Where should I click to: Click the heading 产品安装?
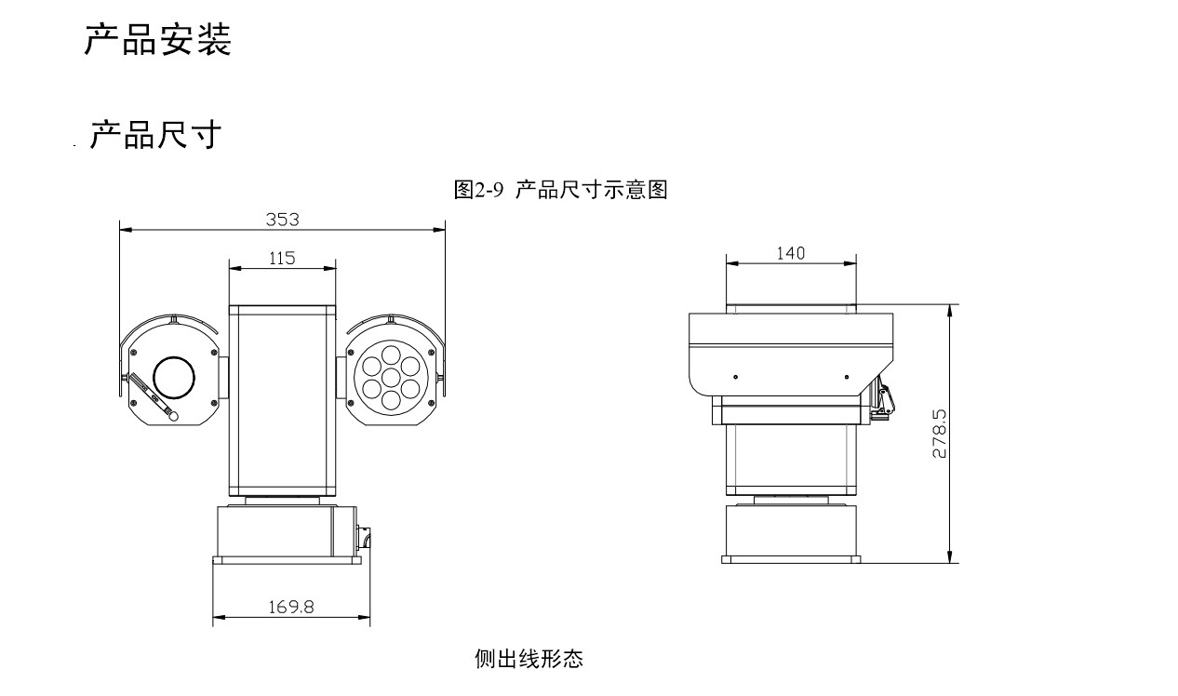click(x=157, y=40)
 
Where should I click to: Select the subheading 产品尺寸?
click(x=155, y=135)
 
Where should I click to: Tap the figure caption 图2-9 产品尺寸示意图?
click(x=560, y=190)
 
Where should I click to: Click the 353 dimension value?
click(x=282, y=219)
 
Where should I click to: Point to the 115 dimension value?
click(x=282, y=258)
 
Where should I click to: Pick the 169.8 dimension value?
click(x=291, y=607)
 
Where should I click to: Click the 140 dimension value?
click(x=790, y=252)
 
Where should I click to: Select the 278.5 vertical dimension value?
click(x=939, y=433)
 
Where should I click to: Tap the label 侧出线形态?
click(x=529, y=660)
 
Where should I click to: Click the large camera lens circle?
click(x=174, y=376)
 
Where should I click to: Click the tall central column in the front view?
click(x=282, y=400)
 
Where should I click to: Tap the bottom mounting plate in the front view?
click(x=287, y=560)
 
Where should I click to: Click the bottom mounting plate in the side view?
click(x=790, y=559)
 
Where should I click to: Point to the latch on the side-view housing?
click(x=881, y=400)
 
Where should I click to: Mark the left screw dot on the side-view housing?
click(x=735, y=377)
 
